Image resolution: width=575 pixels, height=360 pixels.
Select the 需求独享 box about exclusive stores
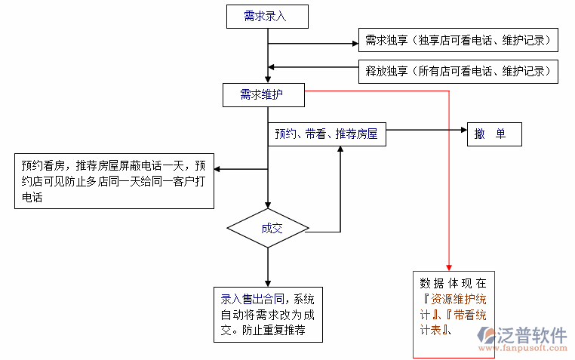point(458,40)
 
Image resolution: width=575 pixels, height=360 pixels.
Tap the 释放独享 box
point(458,72)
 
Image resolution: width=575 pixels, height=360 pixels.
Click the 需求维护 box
point(263,95)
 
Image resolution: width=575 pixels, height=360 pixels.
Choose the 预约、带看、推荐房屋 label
point(326,134)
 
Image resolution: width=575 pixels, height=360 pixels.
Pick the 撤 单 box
point(494,134)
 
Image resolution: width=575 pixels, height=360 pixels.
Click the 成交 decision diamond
point(268,228)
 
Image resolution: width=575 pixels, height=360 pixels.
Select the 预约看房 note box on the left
point(113,181)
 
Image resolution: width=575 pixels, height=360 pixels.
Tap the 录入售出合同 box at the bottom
point(268,316)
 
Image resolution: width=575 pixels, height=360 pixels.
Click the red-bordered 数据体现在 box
point(454,314)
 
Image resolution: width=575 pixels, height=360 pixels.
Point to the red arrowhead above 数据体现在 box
point(449,266)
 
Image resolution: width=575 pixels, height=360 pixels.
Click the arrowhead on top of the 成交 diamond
point(268,204)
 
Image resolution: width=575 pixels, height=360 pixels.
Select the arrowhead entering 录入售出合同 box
point(268,282)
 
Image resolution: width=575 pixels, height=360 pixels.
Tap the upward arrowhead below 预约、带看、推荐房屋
point(340,149)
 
